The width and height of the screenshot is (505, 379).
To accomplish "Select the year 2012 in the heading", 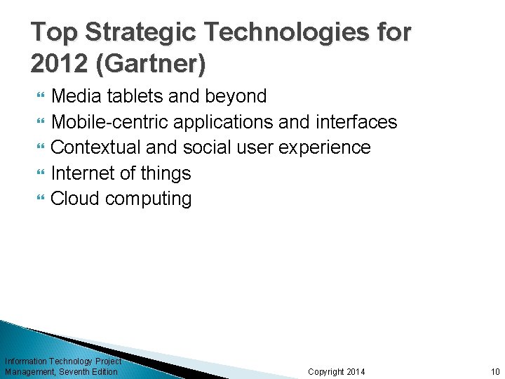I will [59, 64].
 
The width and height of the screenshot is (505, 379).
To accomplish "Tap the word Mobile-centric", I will [110, 122].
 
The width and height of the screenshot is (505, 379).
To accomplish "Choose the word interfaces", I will [356, 122].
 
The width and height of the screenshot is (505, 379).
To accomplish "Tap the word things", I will [166, 173].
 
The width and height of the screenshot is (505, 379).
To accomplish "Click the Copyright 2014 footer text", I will [336, 371].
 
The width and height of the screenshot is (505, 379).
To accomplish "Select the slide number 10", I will [494, 371].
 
